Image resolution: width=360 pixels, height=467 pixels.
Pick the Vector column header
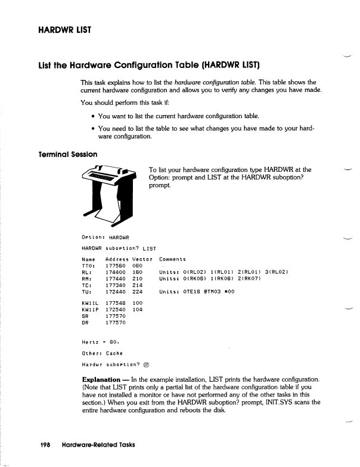[142, 259]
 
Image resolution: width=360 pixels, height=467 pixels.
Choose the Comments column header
[173, 259]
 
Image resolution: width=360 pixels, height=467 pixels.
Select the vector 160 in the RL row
[138, 273]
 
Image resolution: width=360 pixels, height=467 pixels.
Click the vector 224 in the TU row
[138, 292]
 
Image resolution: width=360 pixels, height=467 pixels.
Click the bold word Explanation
[104, 379]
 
